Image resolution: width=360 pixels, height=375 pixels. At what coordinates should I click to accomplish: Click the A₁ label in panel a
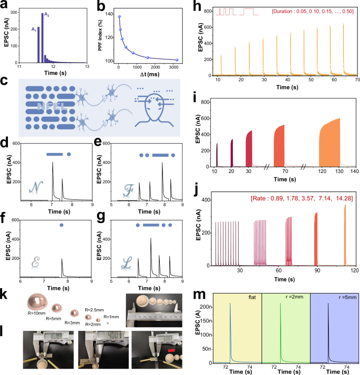point(34,30)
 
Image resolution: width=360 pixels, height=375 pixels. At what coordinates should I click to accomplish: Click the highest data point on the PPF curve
point(119,17)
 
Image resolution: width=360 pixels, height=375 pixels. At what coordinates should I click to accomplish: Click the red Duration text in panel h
point(308,11)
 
